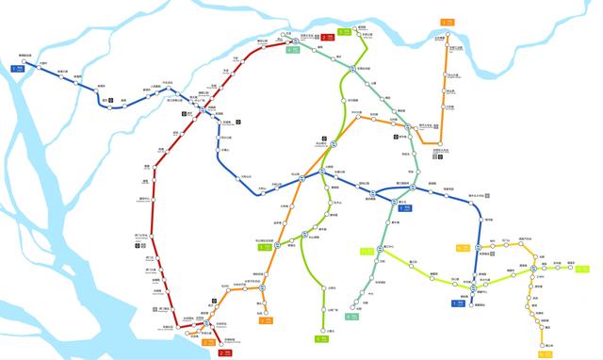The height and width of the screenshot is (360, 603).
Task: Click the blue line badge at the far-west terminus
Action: (x=17, y=68)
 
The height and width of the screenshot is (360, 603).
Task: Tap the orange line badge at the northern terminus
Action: (x=446, y=22)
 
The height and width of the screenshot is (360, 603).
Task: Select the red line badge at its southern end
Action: (x=224, y=352)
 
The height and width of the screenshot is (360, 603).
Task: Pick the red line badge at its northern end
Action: (x=326, y=37)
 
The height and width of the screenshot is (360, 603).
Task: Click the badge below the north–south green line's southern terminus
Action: (x=318, y=340)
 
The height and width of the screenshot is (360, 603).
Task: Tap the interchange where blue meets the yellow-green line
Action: (x=479, y=270)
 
